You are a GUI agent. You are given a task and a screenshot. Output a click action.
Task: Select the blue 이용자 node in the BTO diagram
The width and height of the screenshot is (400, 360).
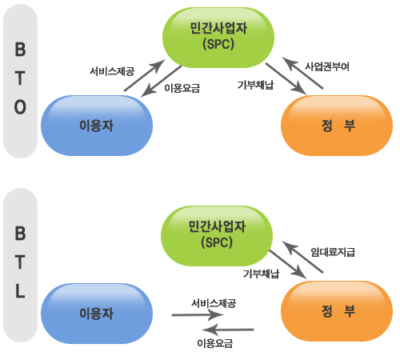coord(96,126)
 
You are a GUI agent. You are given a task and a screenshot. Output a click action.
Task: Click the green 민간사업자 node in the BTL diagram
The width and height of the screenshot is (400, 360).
coord(217,234)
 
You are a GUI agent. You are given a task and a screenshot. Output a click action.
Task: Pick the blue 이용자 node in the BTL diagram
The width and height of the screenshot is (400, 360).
coord(96,313)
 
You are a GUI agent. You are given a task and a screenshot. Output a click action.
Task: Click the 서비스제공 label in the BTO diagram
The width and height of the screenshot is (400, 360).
coord(112,71)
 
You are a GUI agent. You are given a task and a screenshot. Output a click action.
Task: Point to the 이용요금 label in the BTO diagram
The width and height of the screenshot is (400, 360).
coord(182,88)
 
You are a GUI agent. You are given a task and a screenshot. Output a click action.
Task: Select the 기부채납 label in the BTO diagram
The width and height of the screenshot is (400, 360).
coord(258,84)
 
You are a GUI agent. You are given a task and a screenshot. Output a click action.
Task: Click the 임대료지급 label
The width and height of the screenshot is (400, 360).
coord(333,252)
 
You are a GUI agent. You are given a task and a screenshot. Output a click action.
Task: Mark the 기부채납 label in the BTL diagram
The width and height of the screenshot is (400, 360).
coord(261,274)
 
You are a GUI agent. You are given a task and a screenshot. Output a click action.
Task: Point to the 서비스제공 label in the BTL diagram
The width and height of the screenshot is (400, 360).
coord(214,303)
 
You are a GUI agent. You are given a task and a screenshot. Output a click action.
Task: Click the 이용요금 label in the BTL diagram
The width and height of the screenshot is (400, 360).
coord(214,343)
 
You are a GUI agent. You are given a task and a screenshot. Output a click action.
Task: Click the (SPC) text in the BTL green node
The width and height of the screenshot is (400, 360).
coord(217,242)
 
